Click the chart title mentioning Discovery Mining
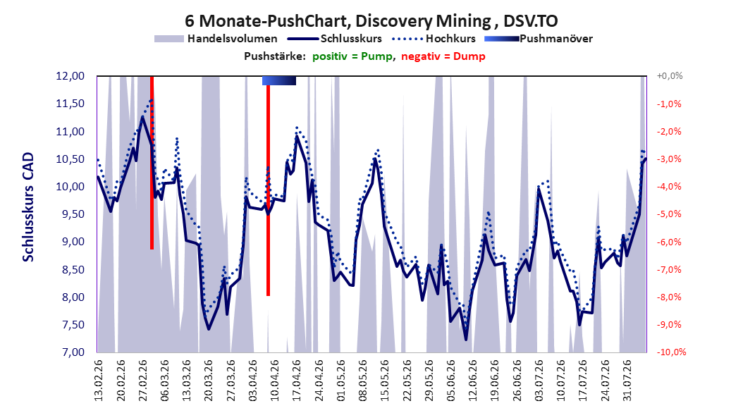tap(371, 21)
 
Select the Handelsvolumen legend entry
tap(216, 39)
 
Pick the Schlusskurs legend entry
tap(334, 39)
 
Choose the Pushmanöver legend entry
tap(539, 39)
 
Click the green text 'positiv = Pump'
tap(352, 56)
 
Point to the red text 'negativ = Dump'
tap(443, 56)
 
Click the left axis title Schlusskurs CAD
tap(28, 207)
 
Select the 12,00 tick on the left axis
tap(70, 76)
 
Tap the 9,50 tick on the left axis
tap(70, 214)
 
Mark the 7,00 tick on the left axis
tap(70, 352)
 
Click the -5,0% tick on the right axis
tap(669, 214)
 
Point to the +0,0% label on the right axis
tap(670, 76)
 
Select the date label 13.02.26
tap(99, 381)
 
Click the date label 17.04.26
tap(297, 381)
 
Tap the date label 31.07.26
tap(627, 381)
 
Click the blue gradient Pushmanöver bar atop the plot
tap(279, 80)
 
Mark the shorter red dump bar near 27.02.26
tap(152, 163)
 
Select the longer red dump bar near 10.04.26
tap(268, 190)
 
